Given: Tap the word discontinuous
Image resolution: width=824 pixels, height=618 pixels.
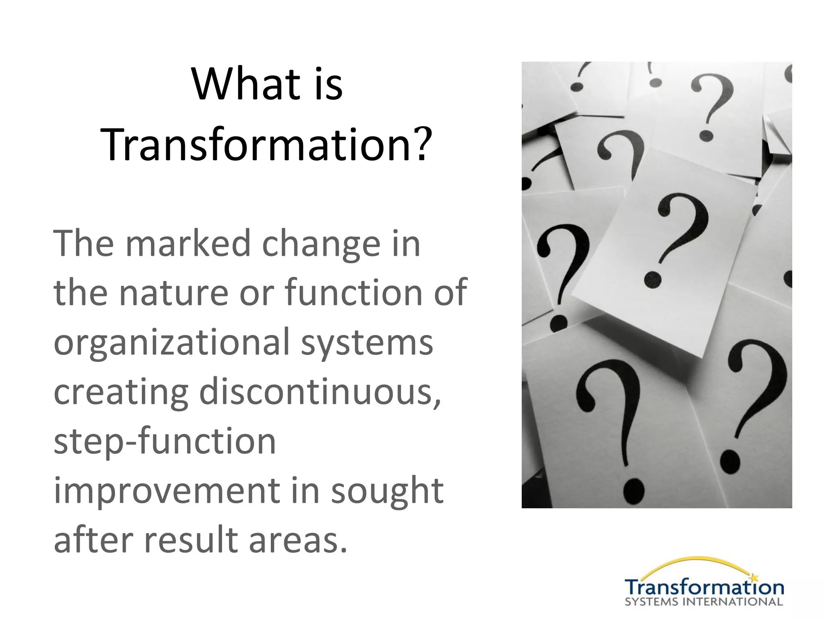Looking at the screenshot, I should (x=320, y=392).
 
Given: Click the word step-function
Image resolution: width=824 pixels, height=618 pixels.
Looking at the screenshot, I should (x=165, y=442).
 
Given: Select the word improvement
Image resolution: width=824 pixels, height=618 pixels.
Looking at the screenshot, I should (x=167, y=491).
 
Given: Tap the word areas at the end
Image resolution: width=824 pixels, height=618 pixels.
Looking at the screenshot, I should (x=298, y=540).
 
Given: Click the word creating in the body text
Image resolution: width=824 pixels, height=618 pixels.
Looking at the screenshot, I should (x=121, y=392).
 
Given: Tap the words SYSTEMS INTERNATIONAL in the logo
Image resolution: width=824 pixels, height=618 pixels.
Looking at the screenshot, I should (x=704, y=602).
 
